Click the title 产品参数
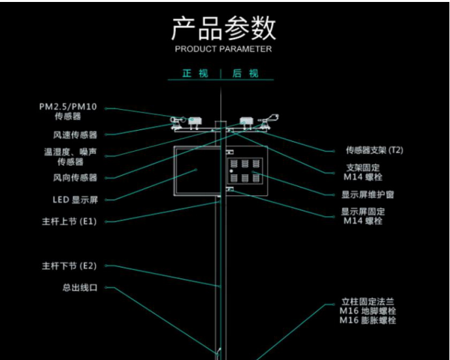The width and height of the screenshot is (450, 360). tap(223, 28)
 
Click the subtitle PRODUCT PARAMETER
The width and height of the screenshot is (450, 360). tap(223, 49)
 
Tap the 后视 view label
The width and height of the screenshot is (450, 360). tap(246, 74)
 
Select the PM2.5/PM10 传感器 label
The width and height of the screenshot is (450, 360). tap(68, 111)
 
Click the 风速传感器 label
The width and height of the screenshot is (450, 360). tap(75, 135)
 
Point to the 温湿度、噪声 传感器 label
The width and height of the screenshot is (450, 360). tap(70, 157)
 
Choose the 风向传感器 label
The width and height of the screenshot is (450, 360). tap(75, 178)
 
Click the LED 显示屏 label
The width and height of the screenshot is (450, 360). tap(74, 200)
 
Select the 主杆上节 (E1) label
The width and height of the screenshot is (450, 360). tap(69, 221)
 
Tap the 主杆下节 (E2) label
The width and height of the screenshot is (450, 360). tap(69, 266)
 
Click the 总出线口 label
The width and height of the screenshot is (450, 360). tap(80, 287)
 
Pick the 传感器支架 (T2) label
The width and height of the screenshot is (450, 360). tap(374, 150)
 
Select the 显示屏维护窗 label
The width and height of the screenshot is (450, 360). tap(368, 195)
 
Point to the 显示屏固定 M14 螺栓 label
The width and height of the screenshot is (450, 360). tap(363, 216)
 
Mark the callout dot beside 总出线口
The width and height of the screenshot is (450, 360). tap(107, 287)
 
